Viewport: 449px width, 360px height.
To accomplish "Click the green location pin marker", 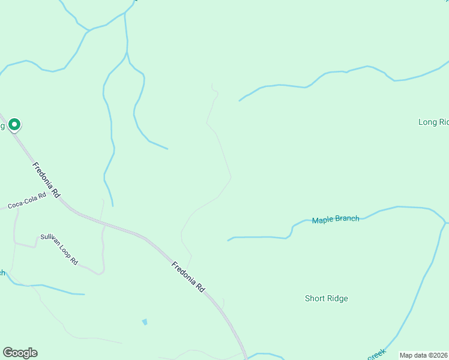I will point(14,124).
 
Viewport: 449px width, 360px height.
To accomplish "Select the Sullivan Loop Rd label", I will point(59,249).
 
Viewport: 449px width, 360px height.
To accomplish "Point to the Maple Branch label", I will point(336,220).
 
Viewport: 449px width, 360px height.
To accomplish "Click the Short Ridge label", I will point(326,298).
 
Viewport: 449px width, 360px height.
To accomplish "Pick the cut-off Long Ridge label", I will point(433,122).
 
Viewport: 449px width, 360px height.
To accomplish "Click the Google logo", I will point(20,353).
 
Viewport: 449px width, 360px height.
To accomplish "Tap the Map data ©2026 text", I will point(424,355).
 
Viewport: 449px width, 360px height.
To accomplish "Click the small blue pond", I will point(145,322).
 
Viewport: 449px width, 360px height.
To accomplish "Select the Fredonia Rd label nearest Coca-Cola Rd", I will point(47,180).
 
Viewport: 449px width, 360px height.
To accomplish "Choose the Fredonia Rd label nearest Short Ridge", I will point(188,277).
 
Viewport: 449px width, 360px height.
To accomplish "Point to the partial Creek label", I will point(376,355).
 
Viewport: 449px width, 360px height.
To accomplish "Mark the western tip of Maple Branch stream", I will point(228,241).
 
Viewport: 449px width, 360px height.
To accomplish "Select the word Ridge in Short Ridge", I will point(337,298).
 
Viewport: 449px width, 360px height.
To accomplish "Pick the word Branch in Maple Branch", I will point(348,219).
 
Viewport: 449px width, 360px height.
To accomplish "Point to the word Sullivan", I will point(49,240).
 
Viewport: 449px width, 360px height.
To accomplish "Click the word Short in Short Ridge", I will point(315,298).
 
